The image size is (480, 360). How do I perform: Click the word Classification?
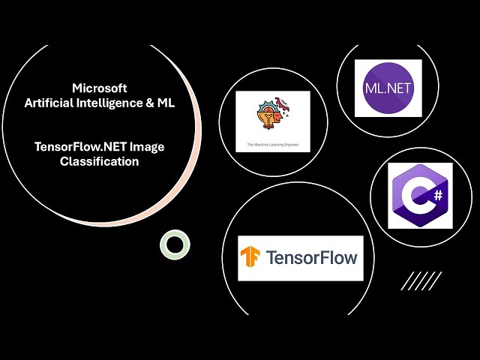[100, 161]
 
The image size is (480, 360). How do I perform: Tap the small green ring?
[175, 244]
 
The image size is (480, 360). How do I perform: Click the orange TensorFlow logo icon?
[250, 259]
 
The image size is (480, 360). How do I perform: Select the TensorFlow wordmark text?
[309, 259]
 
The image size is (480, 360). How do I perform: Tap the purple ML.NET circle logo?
[388, 88]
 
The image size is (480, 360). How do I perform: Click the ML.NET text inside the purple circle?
[388, 88]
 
